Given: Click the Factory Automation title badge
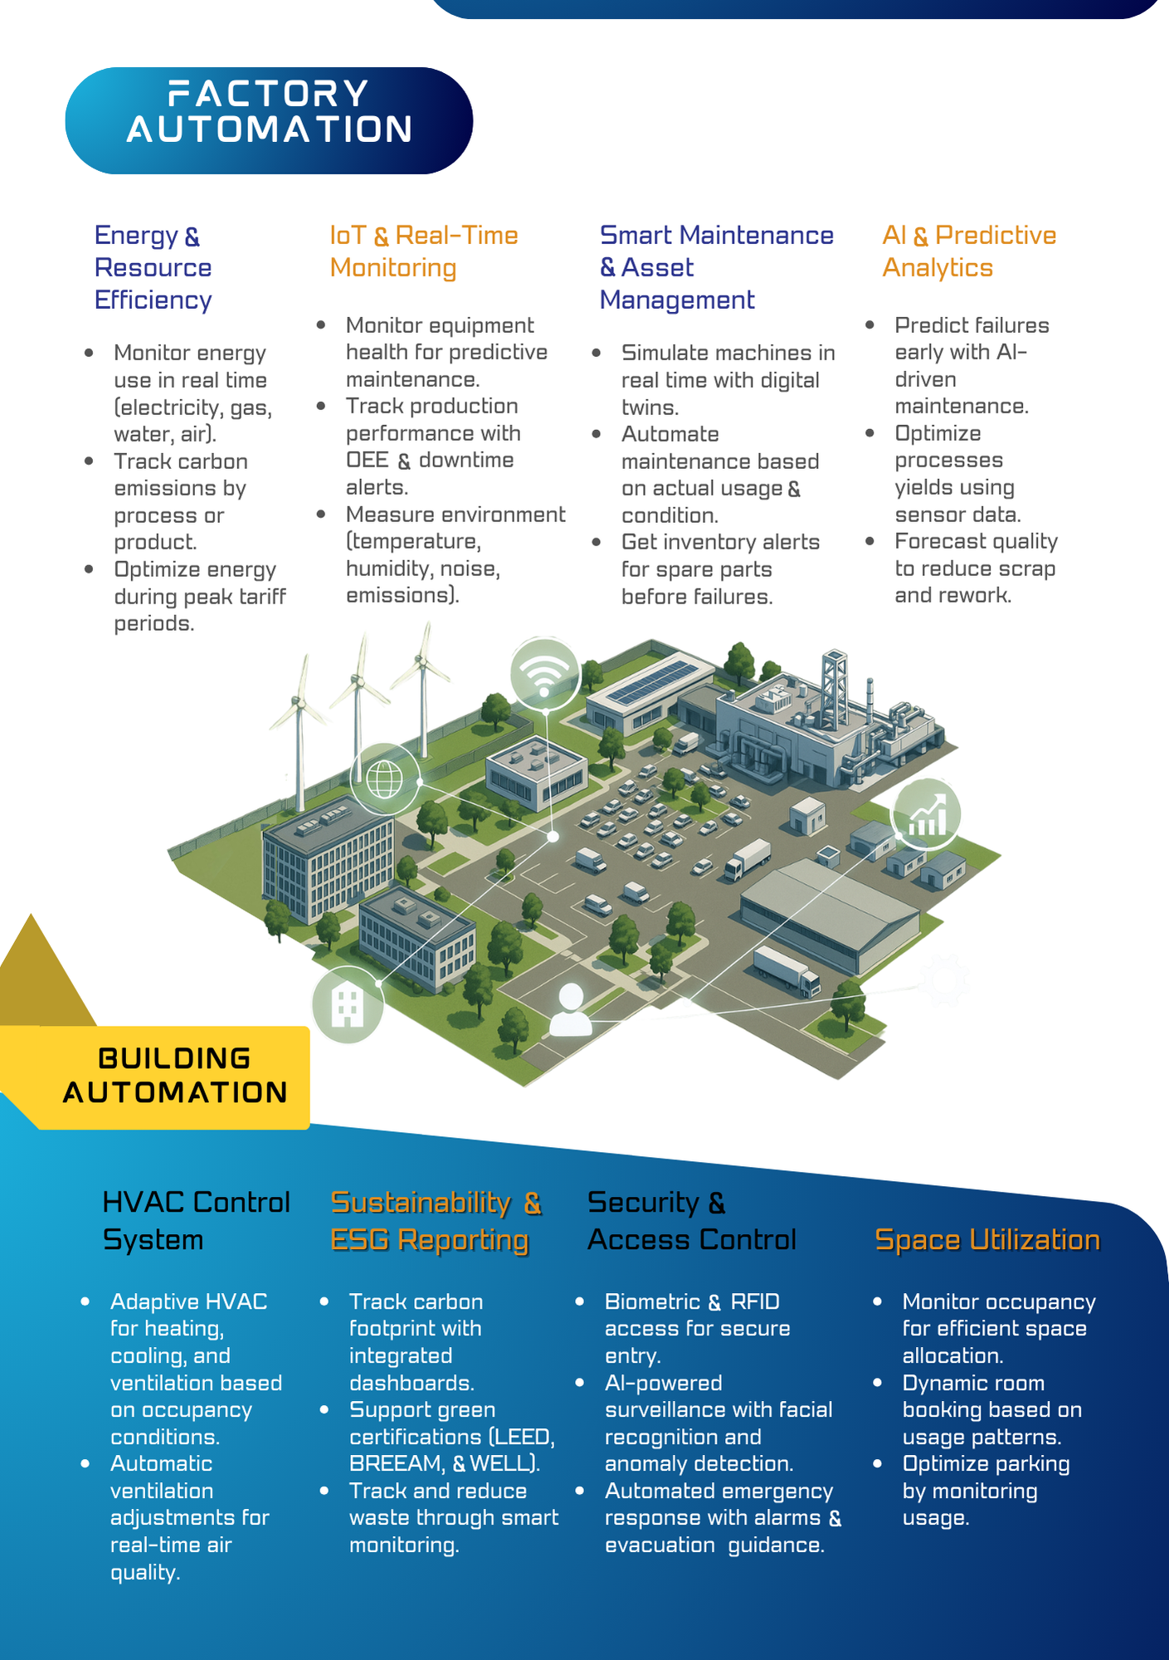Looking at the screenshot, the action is (x=269, y=120).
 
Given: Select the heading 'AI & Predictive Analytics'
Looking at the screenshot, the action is (x=969, y=251).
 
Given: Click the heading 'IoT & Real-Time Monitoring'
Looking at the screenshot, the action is (x=424, y=251).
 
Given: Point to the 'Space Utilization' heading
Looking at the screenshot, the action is (x=987, y=1239).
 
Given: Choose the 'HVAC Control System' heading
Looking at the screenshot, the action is (x=196, y=1220).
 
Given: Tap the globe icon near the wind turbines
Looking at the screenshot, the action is (x=385, y=779).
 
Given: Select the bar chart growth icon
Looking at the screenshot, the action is (x=927, y=814).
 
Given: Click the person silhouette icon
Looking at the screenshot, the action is (x=571, y=1008).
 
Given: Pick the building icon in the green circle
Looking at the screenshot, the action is (x=348, y=1006).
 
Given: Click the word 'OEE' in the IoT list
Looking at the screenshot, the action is (x=368, y=460).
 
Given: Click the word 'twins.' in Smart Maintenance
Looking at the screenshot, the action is (x=650, y=407).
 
